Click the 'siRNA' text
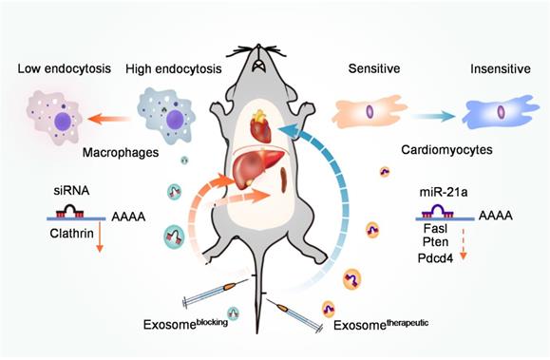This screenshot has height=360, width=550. (70, 191)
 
